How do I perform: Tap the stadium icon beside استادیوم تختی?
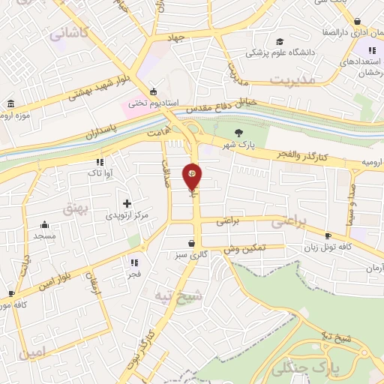pyautogui.click(x=154, y=89)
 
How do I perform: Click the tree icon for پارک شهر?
pyautogui.click(x=238, y=133)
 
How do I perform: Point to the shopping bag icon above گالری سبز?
pyautogui.click(x=193, y=243)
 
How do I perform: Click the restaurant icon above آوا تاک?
pyautogui.click(x=99, y=161)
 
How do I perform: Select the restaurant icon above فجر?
pyautogui.click(x=134, y=262)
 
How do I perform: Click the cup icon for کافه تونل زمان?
pyautogui.click(x=328, y=236)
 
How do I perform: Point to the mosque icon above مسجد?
pyautogui.click(x=44, y=224)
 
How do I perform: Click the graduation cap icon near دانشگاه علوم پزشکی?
pyautogui.click(x=279, y=41)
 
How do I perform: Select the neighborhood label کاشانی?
pyautogui.click(x=68, y=32)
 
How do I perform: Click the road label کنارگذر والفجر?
pyautogui.click(x=304, y=152)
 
